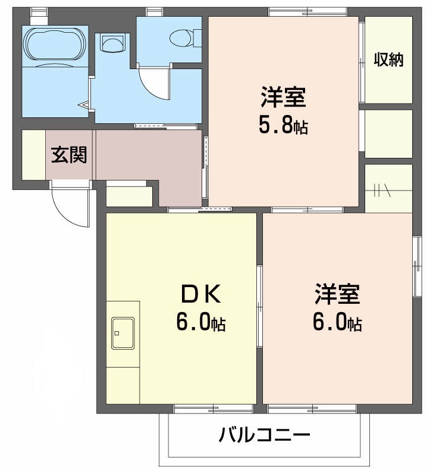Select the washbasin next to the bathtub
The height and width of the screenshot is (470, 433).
point(113,42)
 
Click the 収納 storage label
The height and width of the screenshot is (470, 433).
point(388,60)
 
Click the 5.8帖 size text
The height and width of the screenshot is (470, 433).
point(283,125)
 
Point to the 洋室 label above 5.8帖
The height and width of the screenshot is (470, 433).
point(283,97)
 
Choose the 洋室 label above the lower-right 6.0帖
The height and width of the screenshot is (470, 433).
point(337,294)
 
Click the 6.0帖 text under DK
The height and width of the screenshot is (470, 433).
point(200,322)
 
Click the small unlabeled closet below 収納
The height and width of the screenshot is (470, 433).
point(388,134)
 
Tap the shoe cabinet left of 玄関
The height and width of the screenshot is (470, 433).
point(33,154)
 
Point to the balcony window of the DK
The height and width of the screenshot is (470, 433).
point(212,409)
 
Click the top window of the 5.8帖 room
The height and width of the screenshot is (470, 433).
point(307,11)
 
